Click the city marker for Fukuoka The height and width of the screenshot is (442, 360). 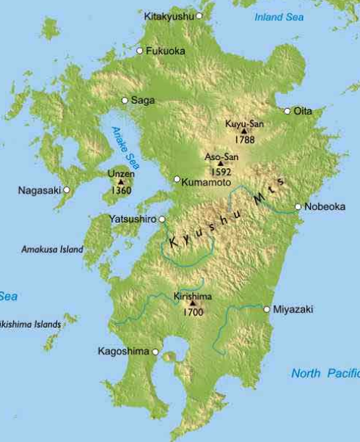click(140, 51)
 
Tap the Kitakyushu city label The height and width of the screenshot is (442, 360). click(169, 15)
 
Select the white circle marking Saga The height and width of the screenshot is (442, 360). click(125, 101)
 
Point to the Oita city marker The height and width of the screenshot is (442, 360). click(288, 111)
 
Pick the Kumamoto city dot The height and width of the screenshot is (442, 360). click(177, 179)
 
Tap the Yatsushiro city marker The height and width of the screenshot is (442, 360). click(162, 218)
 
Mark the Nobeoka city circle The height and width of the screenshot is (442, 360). click(298, 207)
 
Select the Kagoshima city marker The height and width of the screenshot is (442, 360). click(155, 351)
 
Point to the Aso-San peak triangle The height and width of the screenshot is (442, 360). click(220, 164)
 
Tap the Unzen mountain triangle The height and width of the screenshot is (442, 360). click(120, 182)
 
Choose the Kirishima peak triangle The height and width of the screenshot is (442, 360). click(193, 304)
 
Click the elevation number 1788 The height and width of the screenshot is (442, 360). click(244, 140)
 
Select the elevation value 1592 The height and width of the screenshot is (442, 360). click(220, 172)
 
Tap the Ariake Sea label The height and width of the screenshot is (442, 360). click(121, 147)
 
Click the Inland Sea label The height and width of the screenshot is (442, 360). click(279, 17)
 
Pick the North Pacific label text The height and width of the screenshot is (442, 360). click(325, 373)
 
